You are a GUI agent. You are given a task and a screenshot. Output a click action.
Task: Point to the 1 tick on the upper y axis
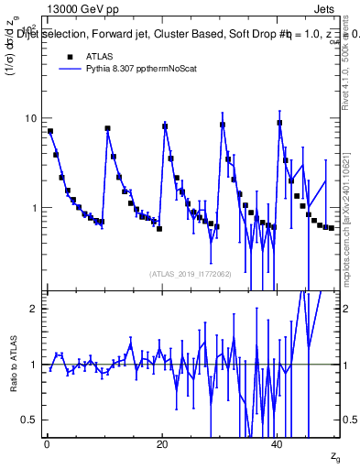(x=37, y=208)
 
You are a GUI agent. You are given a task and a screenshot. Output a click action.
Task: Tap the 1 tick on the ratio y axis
(x=37, y=365)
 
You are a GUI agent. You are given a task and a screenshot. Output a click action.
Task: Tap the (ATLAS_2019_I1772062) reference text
(x=191, y=273)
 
